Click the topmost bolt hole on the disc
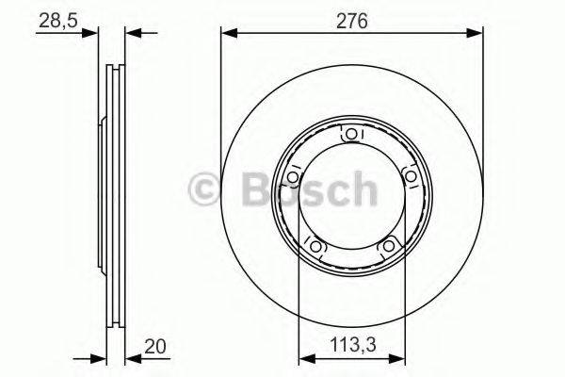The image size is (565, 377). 351,136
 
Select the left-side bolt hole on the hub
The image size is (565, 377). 293,178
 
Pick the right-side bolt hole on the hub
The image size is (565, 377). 410,178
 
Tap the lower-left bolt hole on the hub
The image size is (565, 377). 315,247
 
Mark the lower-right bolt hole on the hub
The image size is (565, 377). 387,247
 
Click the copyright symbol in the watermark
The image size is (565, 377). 204,189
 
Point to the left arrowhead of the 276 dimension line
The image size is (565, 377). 227,33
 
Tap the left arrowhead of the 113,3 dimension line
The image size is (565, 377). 304,359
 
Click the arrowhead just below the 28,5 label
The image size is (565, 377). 90,33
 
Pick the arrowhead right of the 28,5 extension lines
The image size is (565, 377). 132,33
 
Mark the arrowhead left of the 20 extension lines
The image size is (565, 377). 98,359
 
